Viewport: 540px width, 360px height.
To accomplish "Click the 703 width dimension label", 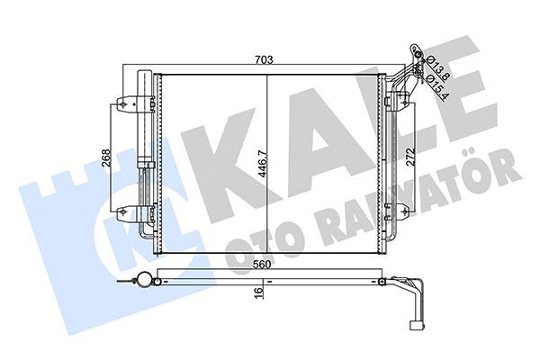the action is tap(264, 59).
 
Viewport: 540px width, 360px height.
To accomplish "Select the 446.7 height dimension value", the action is tap(263, 164).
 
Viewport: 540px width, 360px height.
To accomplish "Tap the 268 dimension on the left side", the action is tap(106, 157).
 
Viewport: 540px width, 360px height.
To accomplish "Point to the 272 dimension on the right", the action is tap(410, 157).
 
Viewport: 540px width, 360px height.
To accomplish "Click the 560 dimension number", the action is tap(263, 265).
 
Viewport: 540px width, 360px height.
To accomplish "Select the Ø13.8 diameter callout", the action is tap(436, 68).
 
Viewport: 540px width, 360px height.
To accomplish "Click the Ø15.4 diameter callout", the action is tap(436, 86).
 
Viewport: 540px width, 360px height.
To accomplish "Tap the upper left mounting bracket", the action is tap(128, 103).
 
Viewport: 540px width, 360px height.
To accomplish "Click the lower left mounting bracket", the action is tap(128, 213).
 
